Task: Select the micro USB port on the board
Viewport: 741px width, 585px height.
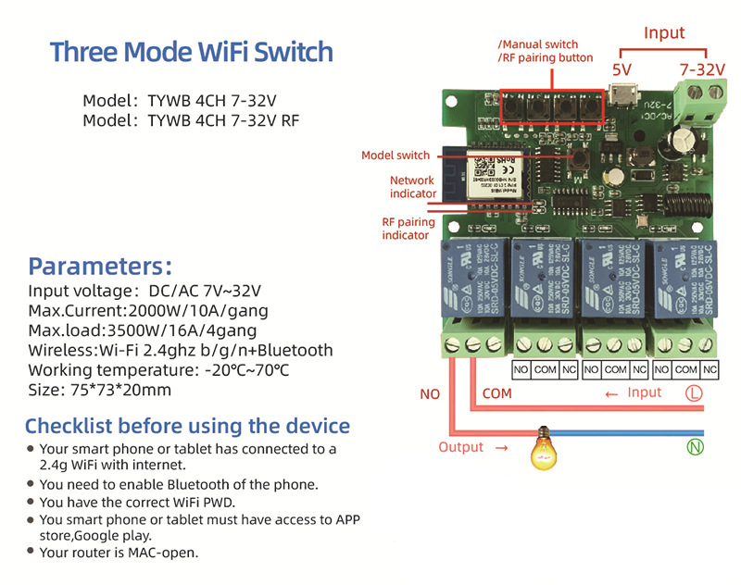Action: point(622,96)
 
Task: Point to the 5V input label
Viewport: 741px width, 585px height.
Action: point(622,69)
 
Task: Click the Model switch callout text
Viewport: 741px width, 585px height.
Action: point(396,156)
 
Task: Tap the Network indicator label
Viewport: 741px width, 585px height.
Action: point(412,187)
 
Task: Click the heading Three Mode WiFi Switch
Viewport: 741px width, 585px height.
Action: point(191,51)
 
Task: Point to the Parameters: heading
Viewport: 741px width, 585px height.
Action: point(100,267)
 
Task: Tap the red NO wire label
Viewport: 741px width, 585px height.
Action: point(430,394)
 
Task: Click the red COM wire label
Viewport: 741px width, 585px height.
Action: point(496,393)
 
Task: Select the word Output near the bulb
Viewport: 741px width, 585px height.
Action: point(461,447)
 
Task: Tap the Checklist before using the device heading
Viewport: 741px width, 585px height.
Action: point(187,427)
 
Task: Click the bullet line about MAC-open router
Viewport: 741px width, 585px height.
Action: point(119,553)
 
